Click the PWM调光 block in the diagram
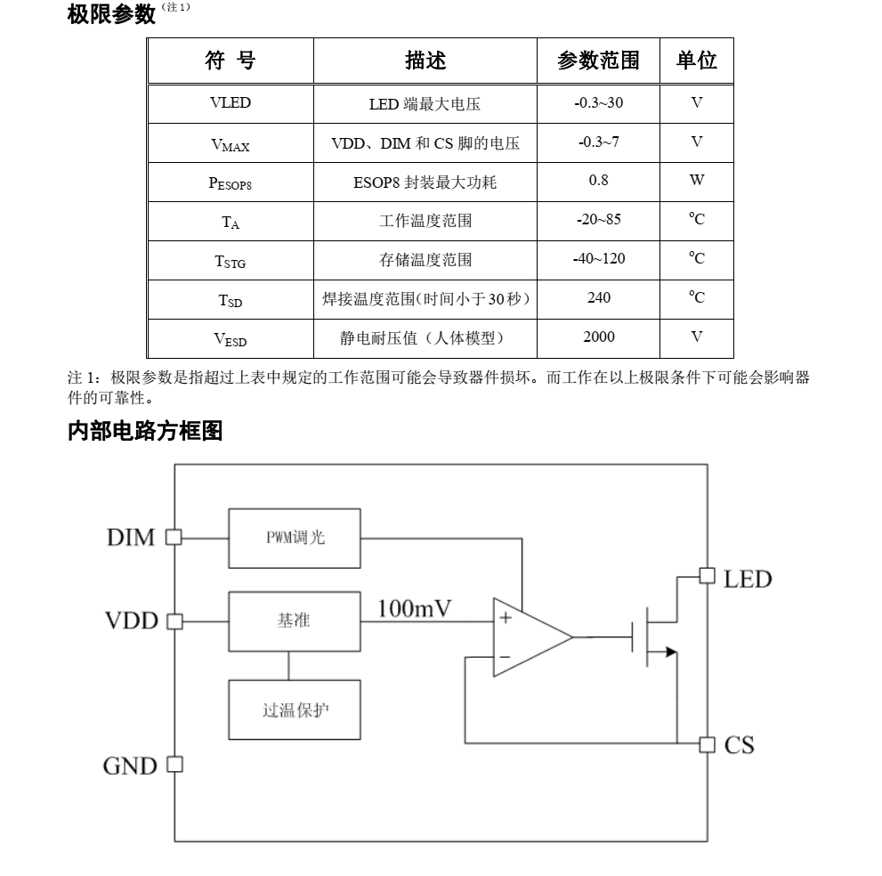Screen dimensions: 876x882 coord(295,538)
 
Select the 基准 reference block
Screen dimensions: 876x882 coord(295,620)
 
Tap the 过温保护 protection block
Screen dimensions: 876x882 coord(295,711)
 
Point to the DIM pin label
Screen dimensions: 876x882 coord(131,538)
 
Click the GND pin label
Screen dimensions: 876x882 coord(130,766)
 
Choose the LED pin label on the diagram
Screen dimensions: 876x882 coord(748,580)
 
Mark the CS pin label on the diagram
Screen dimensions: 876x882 coord(739,744)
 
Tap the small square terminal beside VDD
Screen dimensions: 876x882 coord(174,620)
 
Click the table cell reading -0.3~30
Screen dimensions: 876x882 coord(599,103)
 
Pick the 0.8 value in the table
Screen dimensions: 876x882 coord(599,181)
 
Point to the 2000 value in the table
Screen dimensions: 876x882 coord(599,337)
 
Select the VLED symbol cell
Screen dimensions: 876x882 coord(231,103)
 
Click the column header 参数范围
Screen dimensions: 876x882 coord(599,61)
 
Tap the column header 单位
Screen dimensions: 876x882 coord(697,61)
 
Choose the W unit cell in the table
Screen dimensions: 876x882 coord(697,181)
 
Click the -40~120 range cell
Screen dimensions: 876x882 coord(599,259)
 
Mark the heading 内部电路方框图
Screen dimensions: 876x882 coord(145,433)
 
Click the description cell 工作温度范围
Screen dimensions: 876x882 coord(425,221)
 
